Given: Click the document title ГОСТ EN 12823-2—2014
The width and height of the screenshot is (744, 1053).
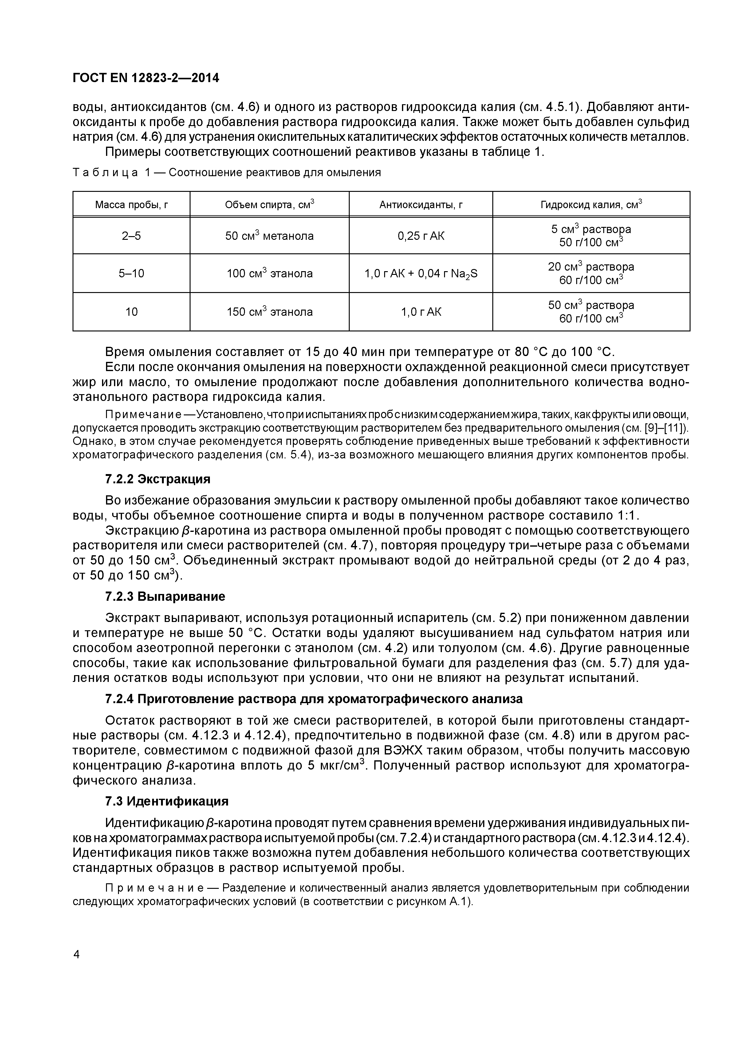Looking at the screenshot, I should pyautogui.click(x=146, y=78).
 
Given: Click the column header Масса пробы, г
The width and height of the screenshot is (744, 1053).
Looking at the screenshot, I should pyautogui.click(x=132, y=204).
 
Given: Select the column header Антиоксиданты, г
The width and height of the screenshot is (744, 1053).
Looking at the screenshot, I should pyautogui.click(x=420, y=204).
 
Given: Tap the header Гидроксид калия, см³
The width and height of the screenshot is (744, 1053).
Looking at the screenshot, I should pyautogui.click(x=591, y=204).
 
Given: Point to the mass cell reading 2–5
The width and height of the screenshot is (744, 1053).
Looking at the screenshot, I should pyautogui.click(x=132, y=236).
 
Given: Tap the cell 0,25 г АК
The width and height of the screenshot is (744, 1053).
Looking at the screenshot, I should pyautogui.click(x=420, y=236).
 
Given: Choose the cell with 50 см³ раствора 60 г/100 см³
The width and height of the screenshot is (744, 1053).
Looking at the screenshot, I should pyautogui.click(x=591, y=312).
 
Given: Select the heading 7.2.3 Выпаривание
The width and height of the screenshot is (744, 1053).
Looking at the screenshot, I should pyautogui.click(x=165, y=597).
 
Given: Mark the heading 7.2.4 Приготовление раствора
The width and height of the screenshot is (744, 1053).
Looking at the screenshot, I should pyautogui.click(x=313, y=699).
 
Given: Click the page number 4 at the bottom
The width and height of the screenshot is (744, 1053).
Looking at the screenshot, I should pyautogui.click(x=77, y=954).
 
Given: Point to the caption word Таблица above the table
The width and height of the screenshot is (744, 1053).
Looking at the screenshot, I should pyautogui.click(x=105, y=173).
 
